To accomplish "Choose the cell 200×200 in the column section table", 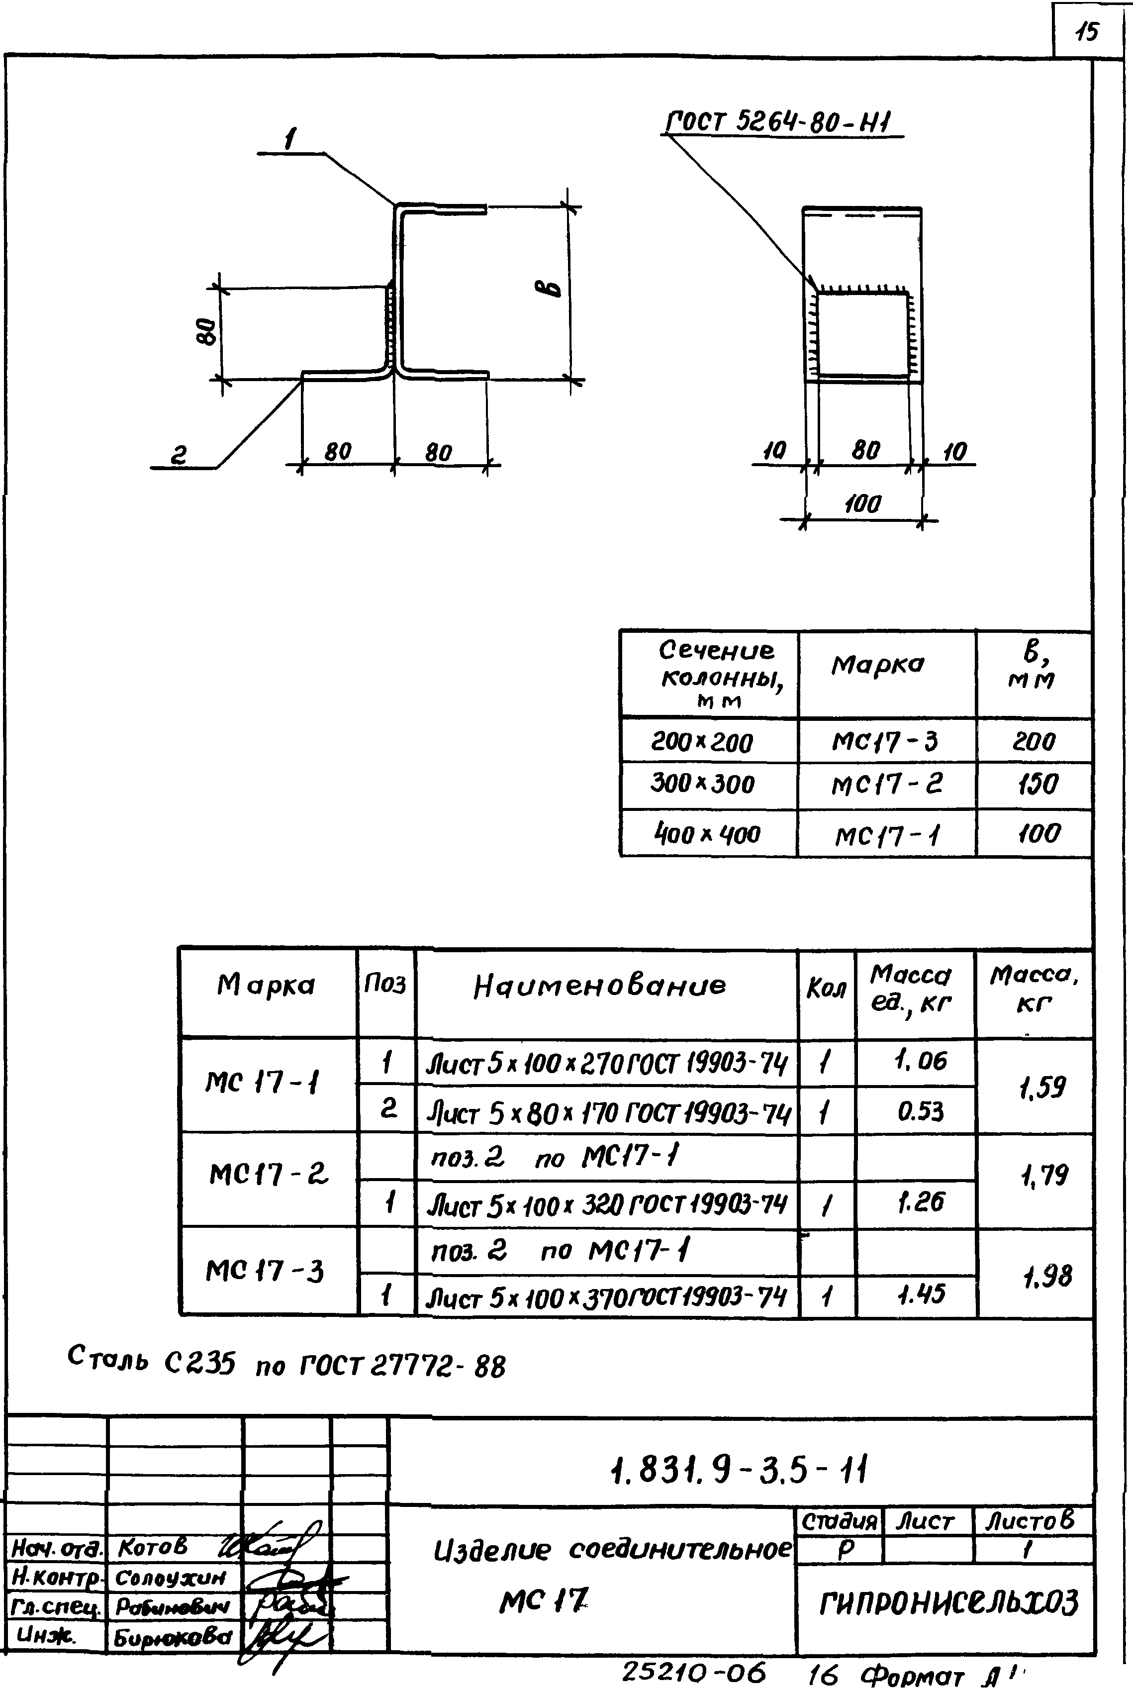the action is tap(702, 742).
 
